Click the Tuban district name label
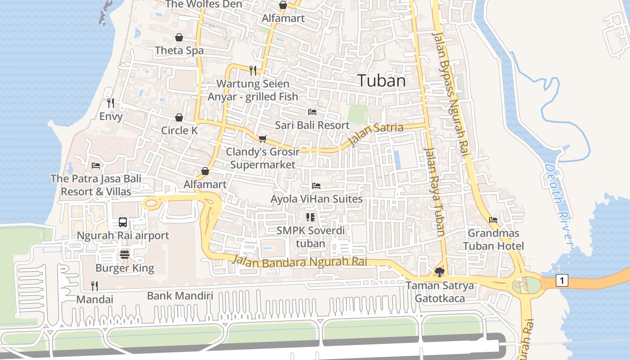click(x=382, y=81)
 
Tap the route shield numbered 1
click(x=561, y=281)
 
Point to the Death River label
click(x=558, y=205)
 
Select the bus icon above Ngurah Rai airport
click(x=122, y=222)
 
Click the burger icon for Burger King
click(x=125, y=255)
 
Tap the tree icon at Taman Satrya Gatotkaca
click(x=439, y=272)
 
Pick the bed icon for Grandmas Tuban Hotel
click(x=493, y=220)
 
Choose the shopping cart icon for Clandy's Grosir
click(x=262, y=138)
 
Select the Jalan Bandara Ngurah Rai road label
click(x=300, y=262)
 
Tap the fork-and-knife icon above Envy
click(x=111, y=103)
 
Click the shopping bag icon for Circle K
click(x=179, y=117)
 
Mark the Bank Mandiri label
click(x=180, y=296)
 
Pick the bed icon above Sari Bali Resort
click(x=312, y=112)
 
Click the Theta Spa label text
click(x=179, y=51)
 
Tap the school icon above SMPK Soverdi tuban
click(x=310, y=217)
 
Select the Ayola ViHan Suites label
click(x=316, y=198)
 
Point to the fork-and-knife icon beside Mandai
click(x=94, y=285)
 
